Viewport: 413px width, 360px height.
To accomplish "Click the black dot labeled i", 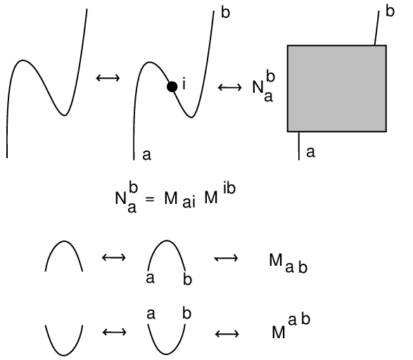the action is click(x=172, y=87).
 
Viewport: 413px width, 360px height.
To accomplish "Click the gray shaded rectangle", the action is click(x=337, y=89).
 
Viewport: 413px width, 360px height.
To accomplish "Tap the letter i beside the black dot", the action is click(x=184, y=84).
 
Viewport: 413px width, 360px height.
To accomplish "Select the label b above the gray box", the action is click(x=390, y=11).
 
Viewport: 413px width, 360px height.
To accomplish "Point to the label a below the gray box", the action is click(x=310, y=153).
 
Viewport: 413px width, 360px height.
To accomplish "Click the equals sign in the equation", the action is click(x=149, y=199).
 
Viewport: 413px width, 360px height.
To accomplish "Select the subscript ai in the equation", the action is click(x=189, y=202).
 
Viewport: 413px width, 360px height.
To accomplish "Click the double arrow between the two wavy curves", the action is click(x=108, y=78).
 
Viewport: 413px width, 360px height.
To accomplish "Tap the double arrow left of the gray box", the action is click(x=229, y=87).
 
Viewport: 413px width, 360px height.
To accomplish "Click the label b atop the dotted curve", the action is click(x=225, y=13).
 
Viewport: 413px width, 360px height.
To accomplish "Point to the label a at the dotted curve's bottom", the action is click(x=147, y=155).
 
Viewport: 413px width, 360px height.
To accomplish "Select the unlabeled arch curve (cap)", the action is click(x=64, y=241).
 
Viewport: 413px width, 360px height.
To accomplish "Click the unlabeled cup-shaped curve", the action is click(x=64, y=355).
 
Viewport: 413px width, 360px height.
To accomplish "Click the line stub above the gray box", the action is click(x=377, y=28).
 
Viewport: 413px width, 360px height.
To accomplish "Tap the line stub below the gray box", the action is click(x=299, y=146).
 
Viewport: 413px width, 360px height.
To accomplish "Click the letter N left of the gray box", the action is click(x=258, y=87).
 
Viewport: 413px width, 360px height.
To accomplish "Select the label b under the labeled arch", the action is click(x=188, y=280).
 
